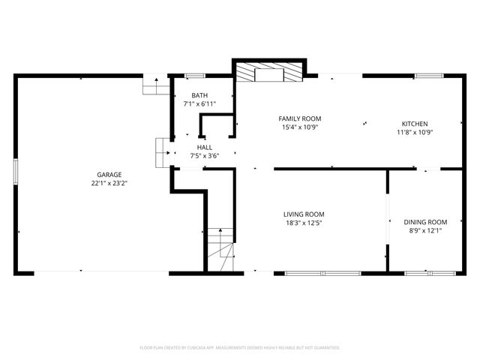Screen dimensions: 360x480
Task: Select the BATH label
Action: click(x=199, y=95)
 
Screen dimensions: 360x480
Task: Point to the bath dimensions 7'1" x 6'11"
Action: click(x=199, y=104)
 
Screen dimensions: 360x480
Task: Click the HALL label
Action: click(x=204, y=148)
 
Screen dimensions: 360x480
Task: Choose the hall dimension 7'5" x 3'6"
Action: click(x=204, y=156)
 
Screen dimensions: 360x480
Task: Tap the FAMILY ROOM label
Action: click(x=300, y=118)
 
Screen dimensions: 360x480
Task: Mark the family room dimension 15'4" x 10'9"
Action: click(x=300, y=127)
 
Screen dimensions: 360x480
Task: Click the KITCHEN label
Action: click(x=415, y=124)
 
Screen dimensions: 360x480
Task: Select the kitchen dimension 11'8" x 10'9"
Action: click(x=415, y=133)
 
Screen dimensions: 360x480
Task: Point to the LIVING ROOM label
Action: click(x=304, y=214)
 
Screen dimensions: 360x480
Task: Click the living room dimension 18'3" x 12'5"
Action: click(x=304, y=223)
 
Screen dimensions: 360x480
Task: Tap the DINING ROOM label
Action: click(x=425, y=222)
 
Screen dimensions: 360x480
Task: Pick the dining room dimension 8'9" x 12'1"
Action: click(x=425, y=231)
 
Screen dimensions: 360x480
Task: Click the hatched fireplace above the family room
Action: click(x=270, y=72)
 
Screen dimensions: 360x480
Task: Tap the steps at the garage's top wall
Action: click(x=156, y=85)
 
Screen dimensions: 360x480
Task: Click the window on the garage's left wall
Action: click(x=15, y=171)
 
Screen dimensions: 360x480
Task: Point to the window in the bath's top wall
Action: click(x=195, y=76)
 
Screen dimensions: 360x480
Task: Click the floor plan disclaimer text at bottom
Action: click(x=240, y=348)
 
